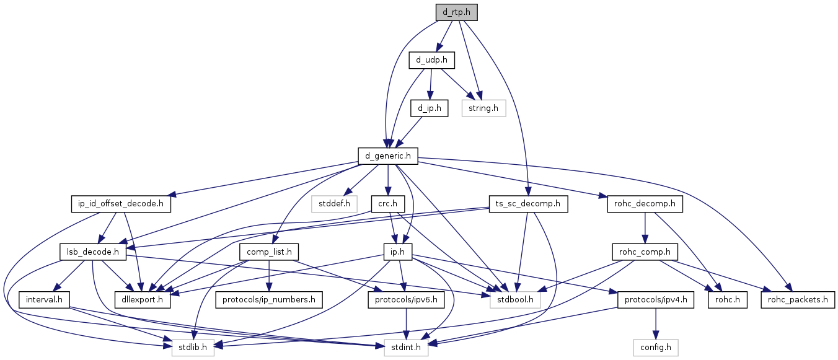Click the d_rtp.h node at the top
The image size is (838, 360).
pos(456,12)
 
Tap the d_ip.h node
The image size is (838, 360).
pos(429,108)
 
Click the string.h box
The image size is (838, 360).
pos(483,108)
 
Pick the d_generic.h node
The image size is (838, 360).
pos(388,156)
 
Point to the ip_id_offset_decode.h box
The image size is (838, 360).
pos(121,204)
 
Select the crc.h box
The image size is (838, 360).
pos(387,204)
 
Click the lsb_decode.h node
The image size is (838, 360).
pos(93,252)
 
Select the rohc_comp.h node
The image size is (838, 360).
pos(645,252)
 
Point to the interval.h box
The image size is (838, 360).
pos(43,301)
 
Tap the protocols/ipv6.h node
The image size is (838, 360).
pos(407,301)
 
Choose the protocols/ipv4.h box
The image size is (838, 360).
pos(656,301)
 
